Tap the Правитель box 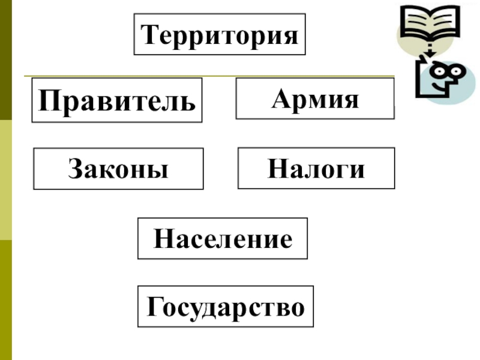[117, 100]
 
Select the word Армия [315, 98]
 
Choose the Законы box [118, 169]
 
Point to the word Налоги [316, 169]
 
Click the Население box [223, 239]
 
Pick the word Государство [226, 307]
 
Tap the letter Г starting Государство [154, 307]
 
